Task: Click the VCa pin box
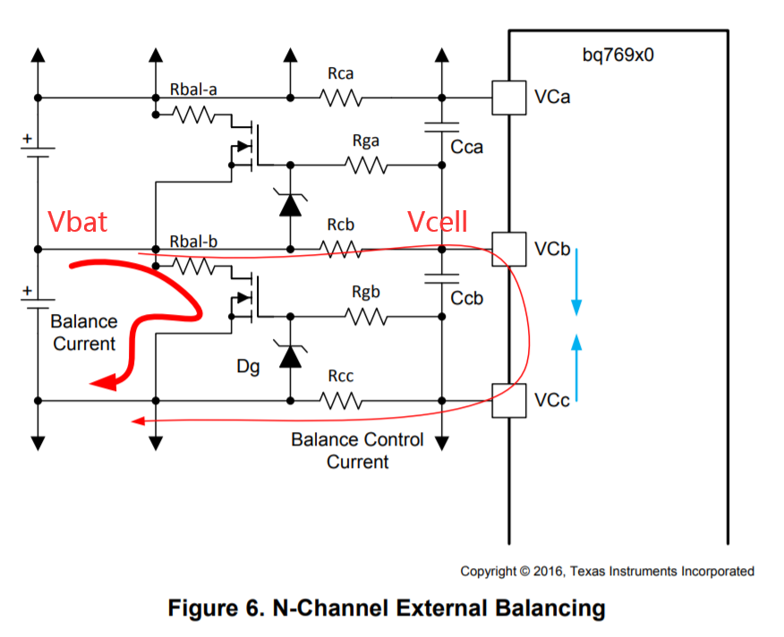[508, 98]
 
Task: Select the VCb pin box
[508, 248]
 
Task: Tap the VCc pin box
[508, 399]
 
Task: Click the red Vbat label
[78, 222]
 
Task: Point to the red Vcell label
[439, 222]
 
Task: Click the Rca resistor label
[340, 74]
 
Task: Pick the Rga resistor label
[365, 140]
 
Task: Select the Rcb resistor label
[341, 225]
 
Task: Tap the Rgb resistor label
[365, 291]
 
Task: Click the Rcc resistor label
[340, 376]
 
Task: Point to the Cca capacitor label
[467, 147]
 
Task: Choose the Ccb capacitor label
[467, 298]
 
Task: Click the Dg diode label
[249, 366]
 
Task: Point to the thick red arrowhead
[104, 383]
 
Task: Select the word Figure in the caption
[208, 608]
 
